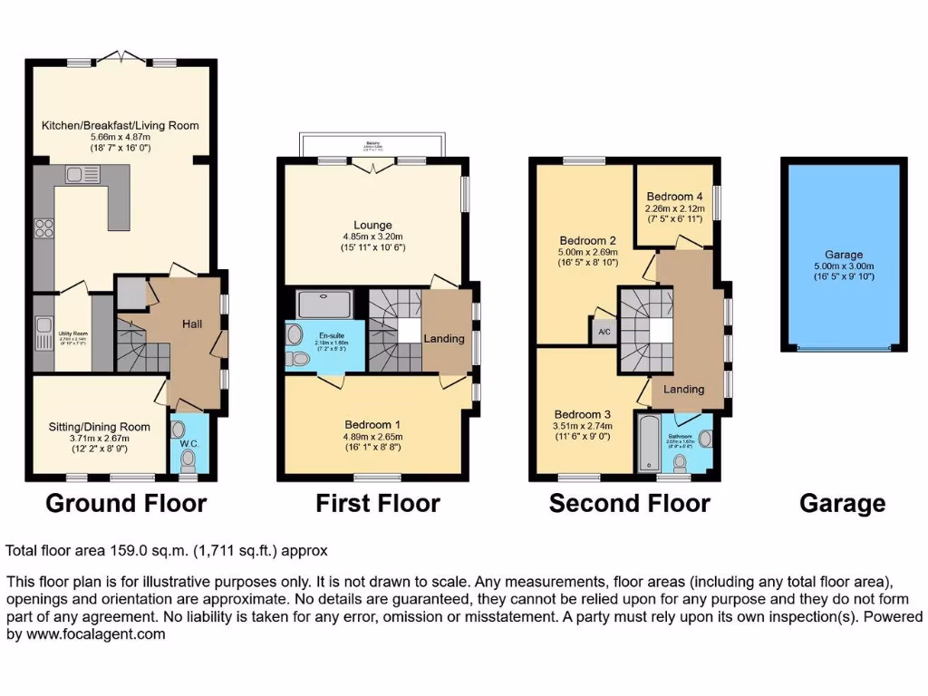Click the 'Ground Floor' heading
click(125, 503)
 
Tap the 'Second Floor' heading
click(629, 503)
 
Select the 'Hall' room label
click(192, 324)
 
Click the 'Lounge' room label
click(373, 225)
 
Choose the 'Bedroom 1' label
click(373, 424)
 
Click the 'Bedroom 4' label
click(674, 197)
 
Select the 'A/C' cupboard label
click(604, 333)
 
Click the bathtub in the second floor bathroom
click(648, 444)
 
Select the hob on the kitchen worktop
click(43, 230)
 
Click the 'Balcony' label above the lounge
click(372, 142)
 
